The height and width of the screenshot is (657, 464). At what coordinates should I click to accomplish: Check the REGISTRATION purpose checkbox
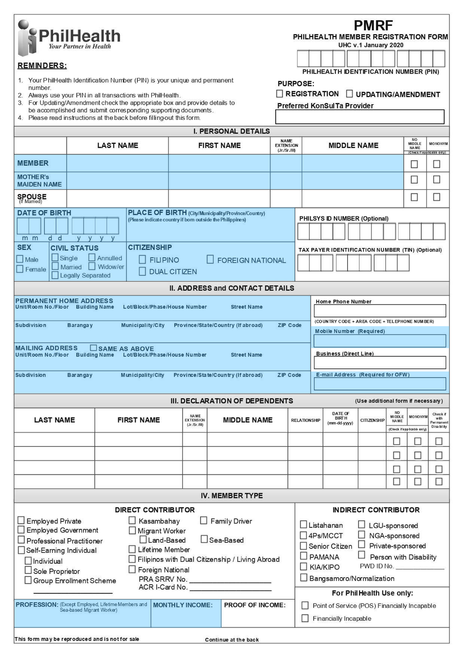[x=280, y=94]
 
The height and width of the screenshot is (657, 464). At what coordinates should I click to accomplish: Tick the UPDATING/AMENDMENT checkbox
[x=349, y=94]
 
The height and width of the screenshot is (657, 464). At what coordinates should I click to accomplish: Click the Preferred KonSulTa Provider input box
[x=360, y=116]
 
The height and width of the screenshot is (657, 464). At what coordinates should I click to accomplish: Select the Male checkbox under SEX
[x=20, y=259]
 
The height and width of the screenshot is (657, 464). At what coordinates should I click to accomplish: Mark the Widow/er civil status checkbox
[x=92, y=266]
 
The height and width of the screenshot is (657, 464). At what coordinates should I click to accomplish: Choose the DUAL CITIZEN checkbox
[x=142, y=271]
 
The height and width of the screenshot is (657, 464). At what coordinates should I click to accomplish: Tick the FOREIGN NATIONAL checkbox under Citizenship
[x=210, y=259]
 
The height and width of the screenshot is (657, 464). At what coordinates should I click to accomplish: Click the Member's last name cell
[x=117, y=163]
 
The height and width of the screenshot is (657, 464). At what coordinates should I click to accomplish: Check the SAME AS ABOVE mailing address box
[x=93, y=348]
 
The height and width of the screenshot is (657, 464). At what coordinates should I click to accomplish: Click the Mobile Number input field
[x=380, y=341]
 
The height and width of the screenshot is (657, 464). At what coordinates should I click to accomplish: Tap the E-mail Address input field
[x=380, y=383]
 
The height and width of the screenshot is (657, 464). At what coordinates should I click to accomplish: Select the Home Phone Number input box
[x=380, y=311]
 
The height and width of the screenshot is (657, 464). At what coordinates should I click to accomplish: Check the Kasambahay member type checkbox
[x=132, y=520]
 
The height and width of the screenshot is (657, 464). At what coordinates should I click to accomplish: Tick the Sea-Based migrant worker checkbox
[x=204, y=539]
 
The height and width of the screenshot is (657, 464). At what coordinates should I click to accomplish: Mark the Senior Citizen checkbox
[x=304, y=546]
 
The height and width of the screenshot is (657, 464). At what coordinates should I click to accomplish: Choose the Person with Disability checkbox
[x=362, y=555]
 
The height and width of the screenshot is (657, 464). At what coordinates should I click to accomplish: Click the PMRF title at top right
[x=373, y=26]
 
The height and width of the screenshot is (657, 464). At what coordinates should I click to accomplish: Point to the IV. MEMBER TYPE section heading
[x=232, y=496]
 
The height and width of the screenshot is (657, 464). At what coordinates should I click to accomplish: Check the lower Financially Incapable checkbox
[x=305, y=618]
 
